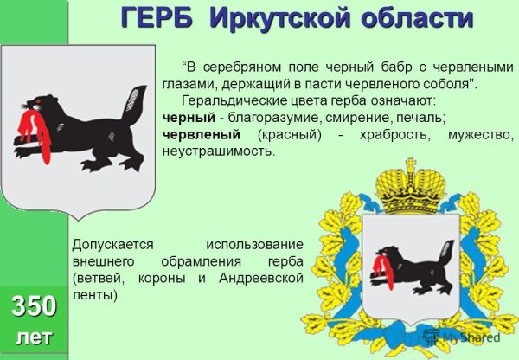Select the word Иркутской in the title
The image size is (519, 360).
click(274, 18)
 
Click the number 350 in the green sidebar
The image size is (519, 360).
click(34, 305)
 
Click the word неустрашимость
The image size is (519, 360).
click(218, 151)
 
